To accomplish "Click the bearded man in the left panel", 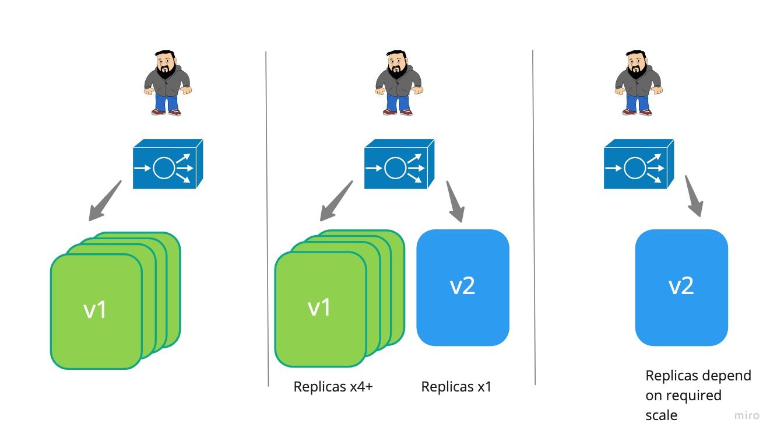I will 168,83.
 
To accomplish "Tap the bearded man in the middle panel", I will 399,83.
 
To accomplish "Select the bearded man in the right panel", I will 638,83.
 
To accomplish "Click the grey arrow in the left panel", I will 105,201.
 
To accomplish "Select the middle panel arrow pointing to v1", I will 336,201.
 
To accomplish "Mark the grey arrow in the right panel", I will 694,196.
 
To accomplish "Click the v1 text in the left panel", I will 96,309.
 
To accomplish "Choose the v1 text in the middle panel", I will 319,307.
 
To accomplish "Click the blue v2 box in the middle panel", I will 463,287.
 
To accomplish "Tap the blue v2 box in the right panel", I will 681,287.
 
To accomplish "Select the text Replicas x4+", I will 333,387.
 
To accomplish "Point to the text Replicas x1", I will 456,387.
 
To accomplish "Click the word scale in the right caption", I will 661,415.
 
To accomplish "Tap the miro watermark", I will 747,415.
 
